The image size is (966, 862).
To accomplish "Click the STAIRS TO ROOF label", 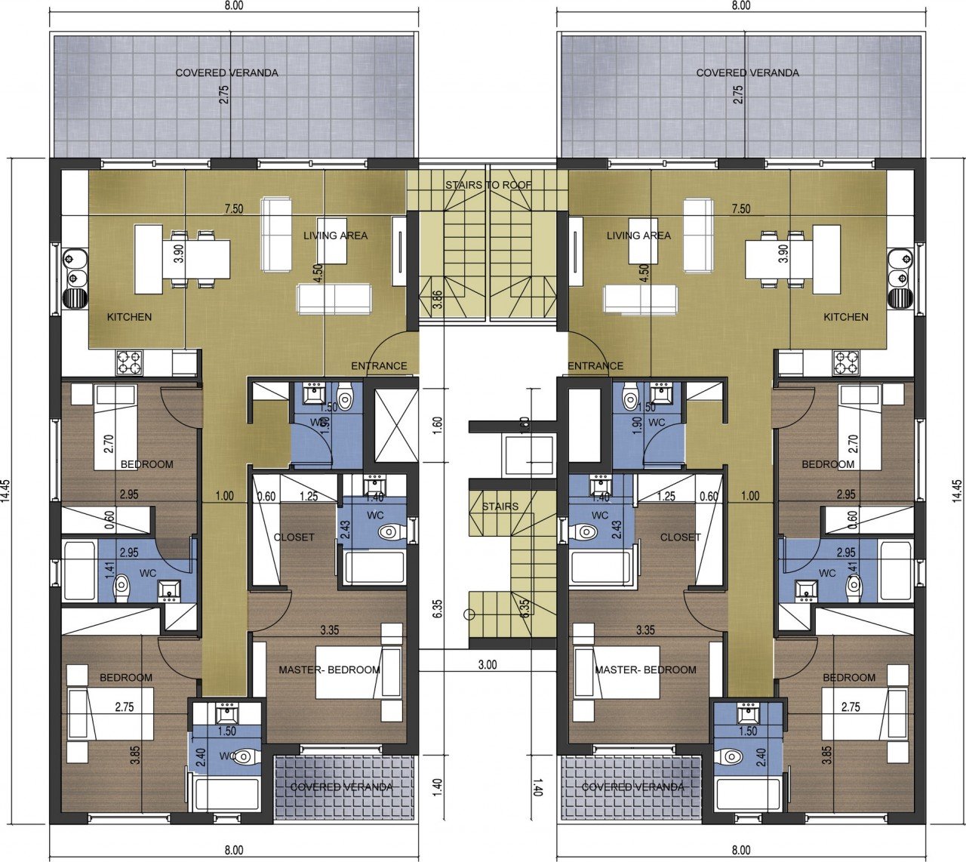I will [488, 185].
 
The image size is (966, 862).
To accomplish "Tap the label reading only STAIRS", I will [500, 506].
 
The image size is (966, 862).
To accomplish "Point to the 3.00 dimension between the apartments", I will [488, 665].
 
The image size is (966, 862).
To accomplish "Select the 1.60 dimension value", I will [438, 421].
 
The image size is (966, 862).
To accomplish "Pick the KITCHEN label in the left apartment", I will [129, 317].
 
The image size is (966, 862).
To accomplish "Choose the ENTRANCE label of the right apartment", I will [595, 366].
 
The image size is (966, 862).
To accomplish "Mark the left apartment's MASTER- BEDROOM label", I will [329, 670].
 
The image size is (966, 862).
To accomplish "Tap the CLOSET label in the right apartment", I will [681, 537].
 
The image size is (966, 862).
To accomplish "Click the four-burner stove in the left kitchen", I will [130, 362].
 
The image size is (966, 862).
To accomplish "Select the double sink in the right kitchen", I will [899, 269].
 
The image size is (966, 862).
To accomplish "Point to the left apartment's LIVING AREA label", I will [335, 236].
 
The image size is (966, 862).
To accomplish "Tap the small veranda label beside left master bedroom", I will [341, 787].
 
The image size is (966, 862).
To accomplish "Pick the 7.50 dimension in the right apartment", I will [741, 209].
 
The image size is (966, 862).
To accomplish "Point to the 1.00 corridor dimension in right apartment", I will [750, 496].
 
